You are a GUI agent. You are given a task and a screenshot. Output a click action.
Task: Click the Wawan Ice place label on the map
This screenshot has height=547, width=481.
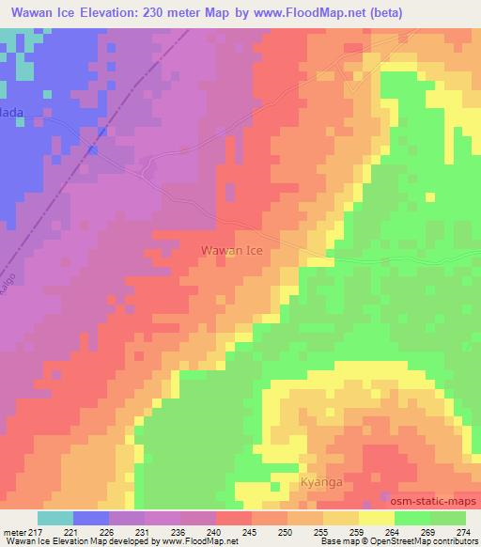click(232, 251)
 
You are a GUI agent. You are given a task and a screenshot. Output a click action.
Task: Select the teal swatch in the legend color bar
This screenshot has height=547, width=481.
click(54, 518)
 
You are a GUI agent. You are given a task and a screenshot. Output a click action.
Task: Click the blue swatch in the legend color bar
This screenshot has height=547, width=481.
click(91, 518)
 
